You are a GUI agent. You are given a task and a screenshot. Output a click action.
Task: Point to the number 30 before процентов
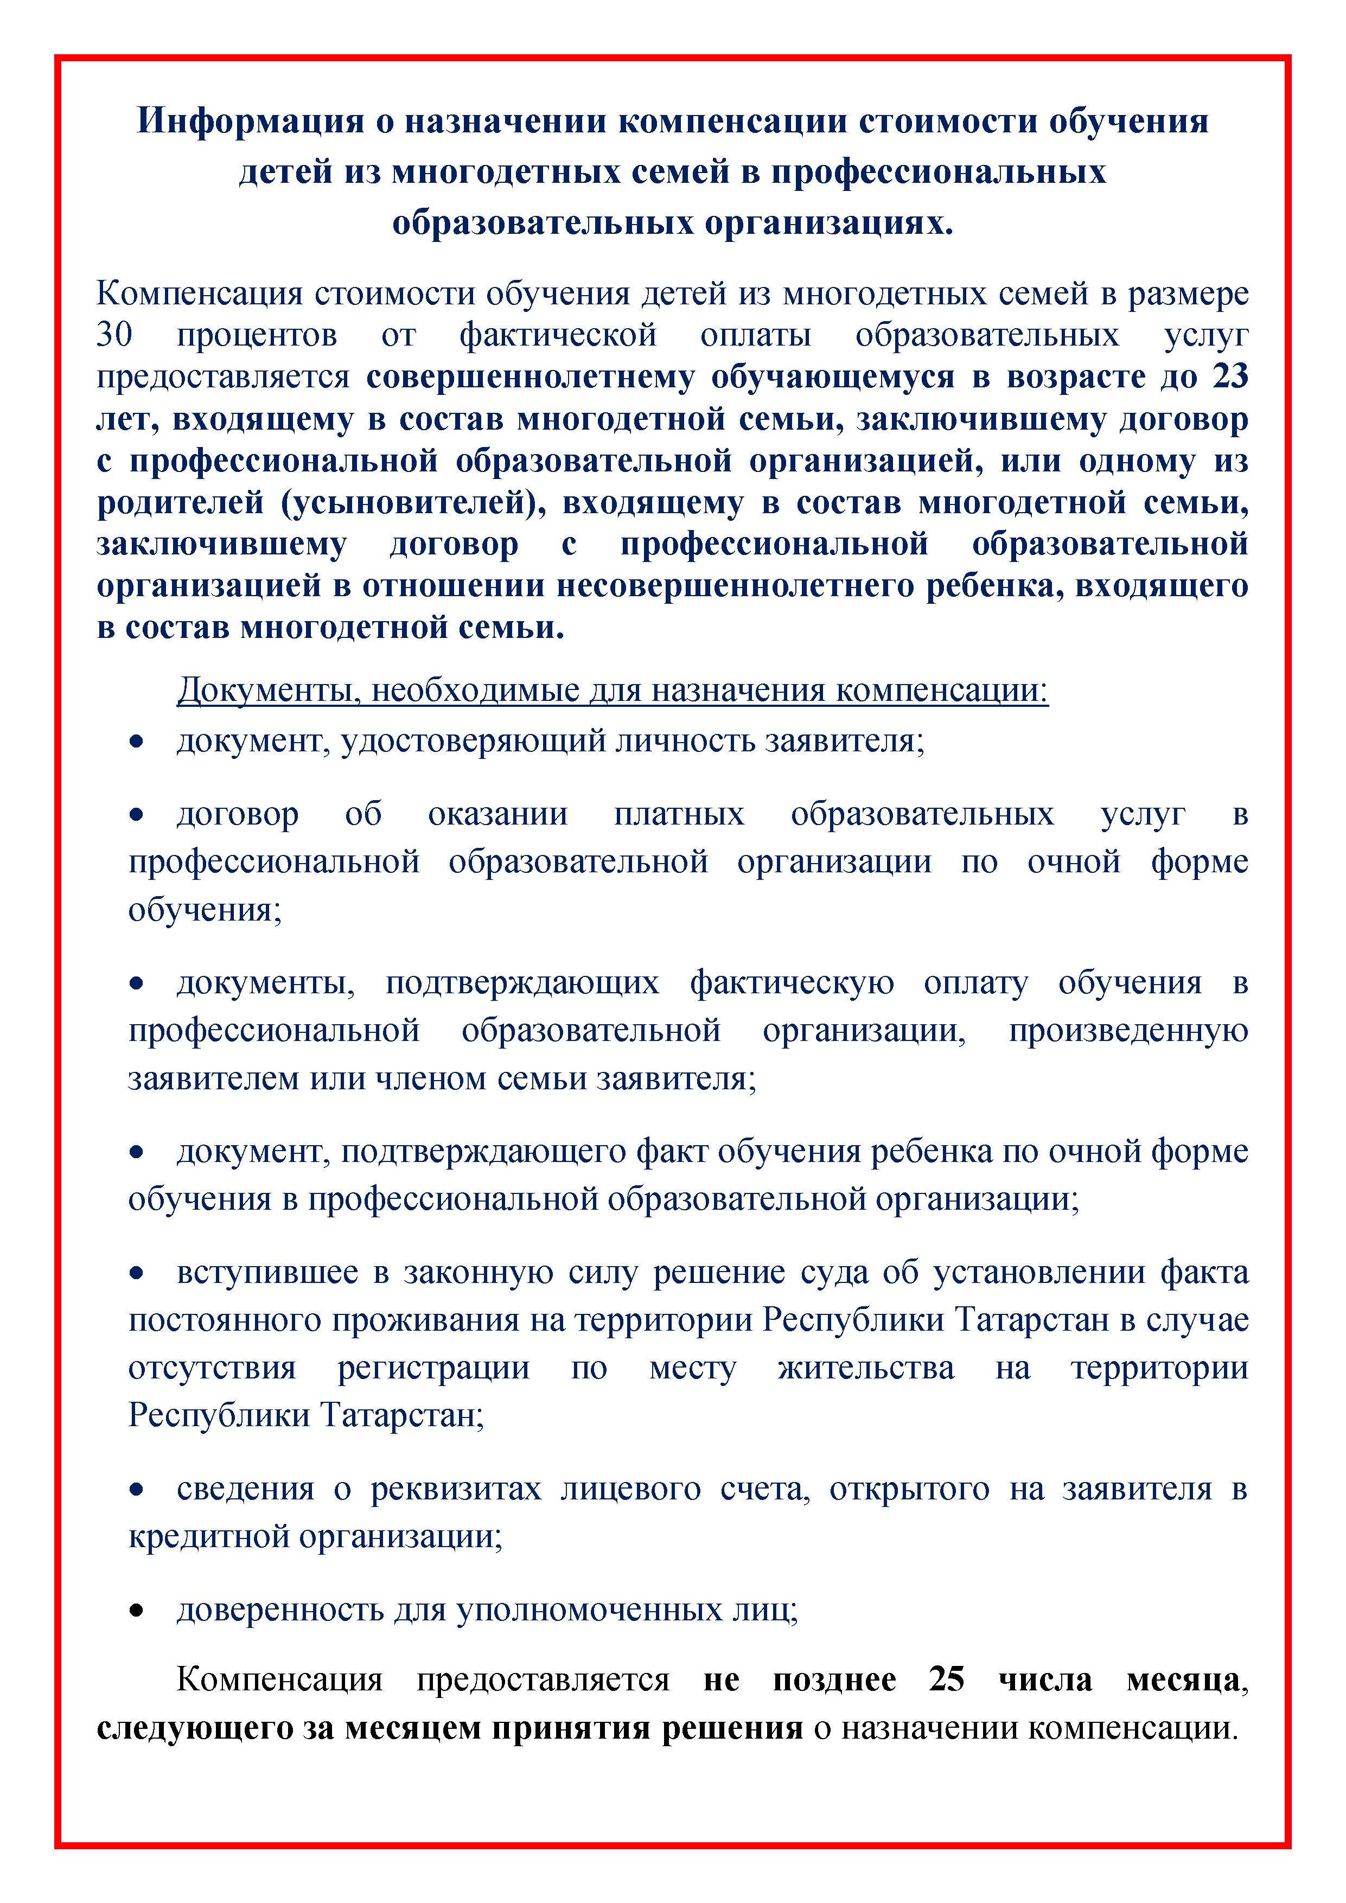114,335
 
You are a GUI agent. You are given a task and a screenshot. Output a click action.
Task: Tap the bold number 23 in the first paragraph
1229,376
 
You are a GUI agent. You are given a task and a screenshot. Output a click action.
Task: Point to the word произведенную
1128,1030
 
